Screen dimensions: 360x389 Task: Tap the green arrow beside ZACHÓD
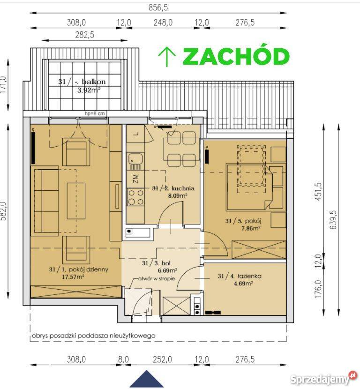tap(167, 57)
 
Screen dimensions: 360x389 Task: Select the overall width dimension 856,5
tap(158, 7)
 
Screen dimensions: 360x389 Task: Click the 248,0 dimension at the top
tap(163, 22)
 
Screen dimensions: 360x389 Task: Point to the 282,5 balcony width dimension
tap(84, 35)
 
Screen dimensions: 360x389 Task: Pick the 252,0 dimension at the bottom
tap(162, 359)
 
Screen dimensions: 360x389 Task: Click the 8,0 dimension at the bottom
tap(123, 359)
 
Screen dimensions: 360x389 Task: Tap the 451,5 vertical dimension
tap(319, 191)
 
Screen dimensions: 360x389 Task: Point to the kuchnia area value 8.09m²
tap(178, 195)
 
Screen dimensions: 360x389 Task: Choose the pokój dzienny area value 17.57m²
tap(73, 277)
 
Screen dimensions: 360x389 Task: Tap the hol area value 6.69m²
tap(167, 270)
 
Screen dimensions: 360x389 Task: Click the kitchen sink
tap(135, 161)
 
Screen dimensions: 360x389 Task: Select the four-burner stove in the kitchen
tap(136, 197)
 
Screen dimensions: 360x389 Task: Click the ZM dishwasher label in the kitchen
tap(135, 179)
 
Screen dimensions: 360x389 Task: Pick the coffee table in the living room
tap(76, 201)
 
